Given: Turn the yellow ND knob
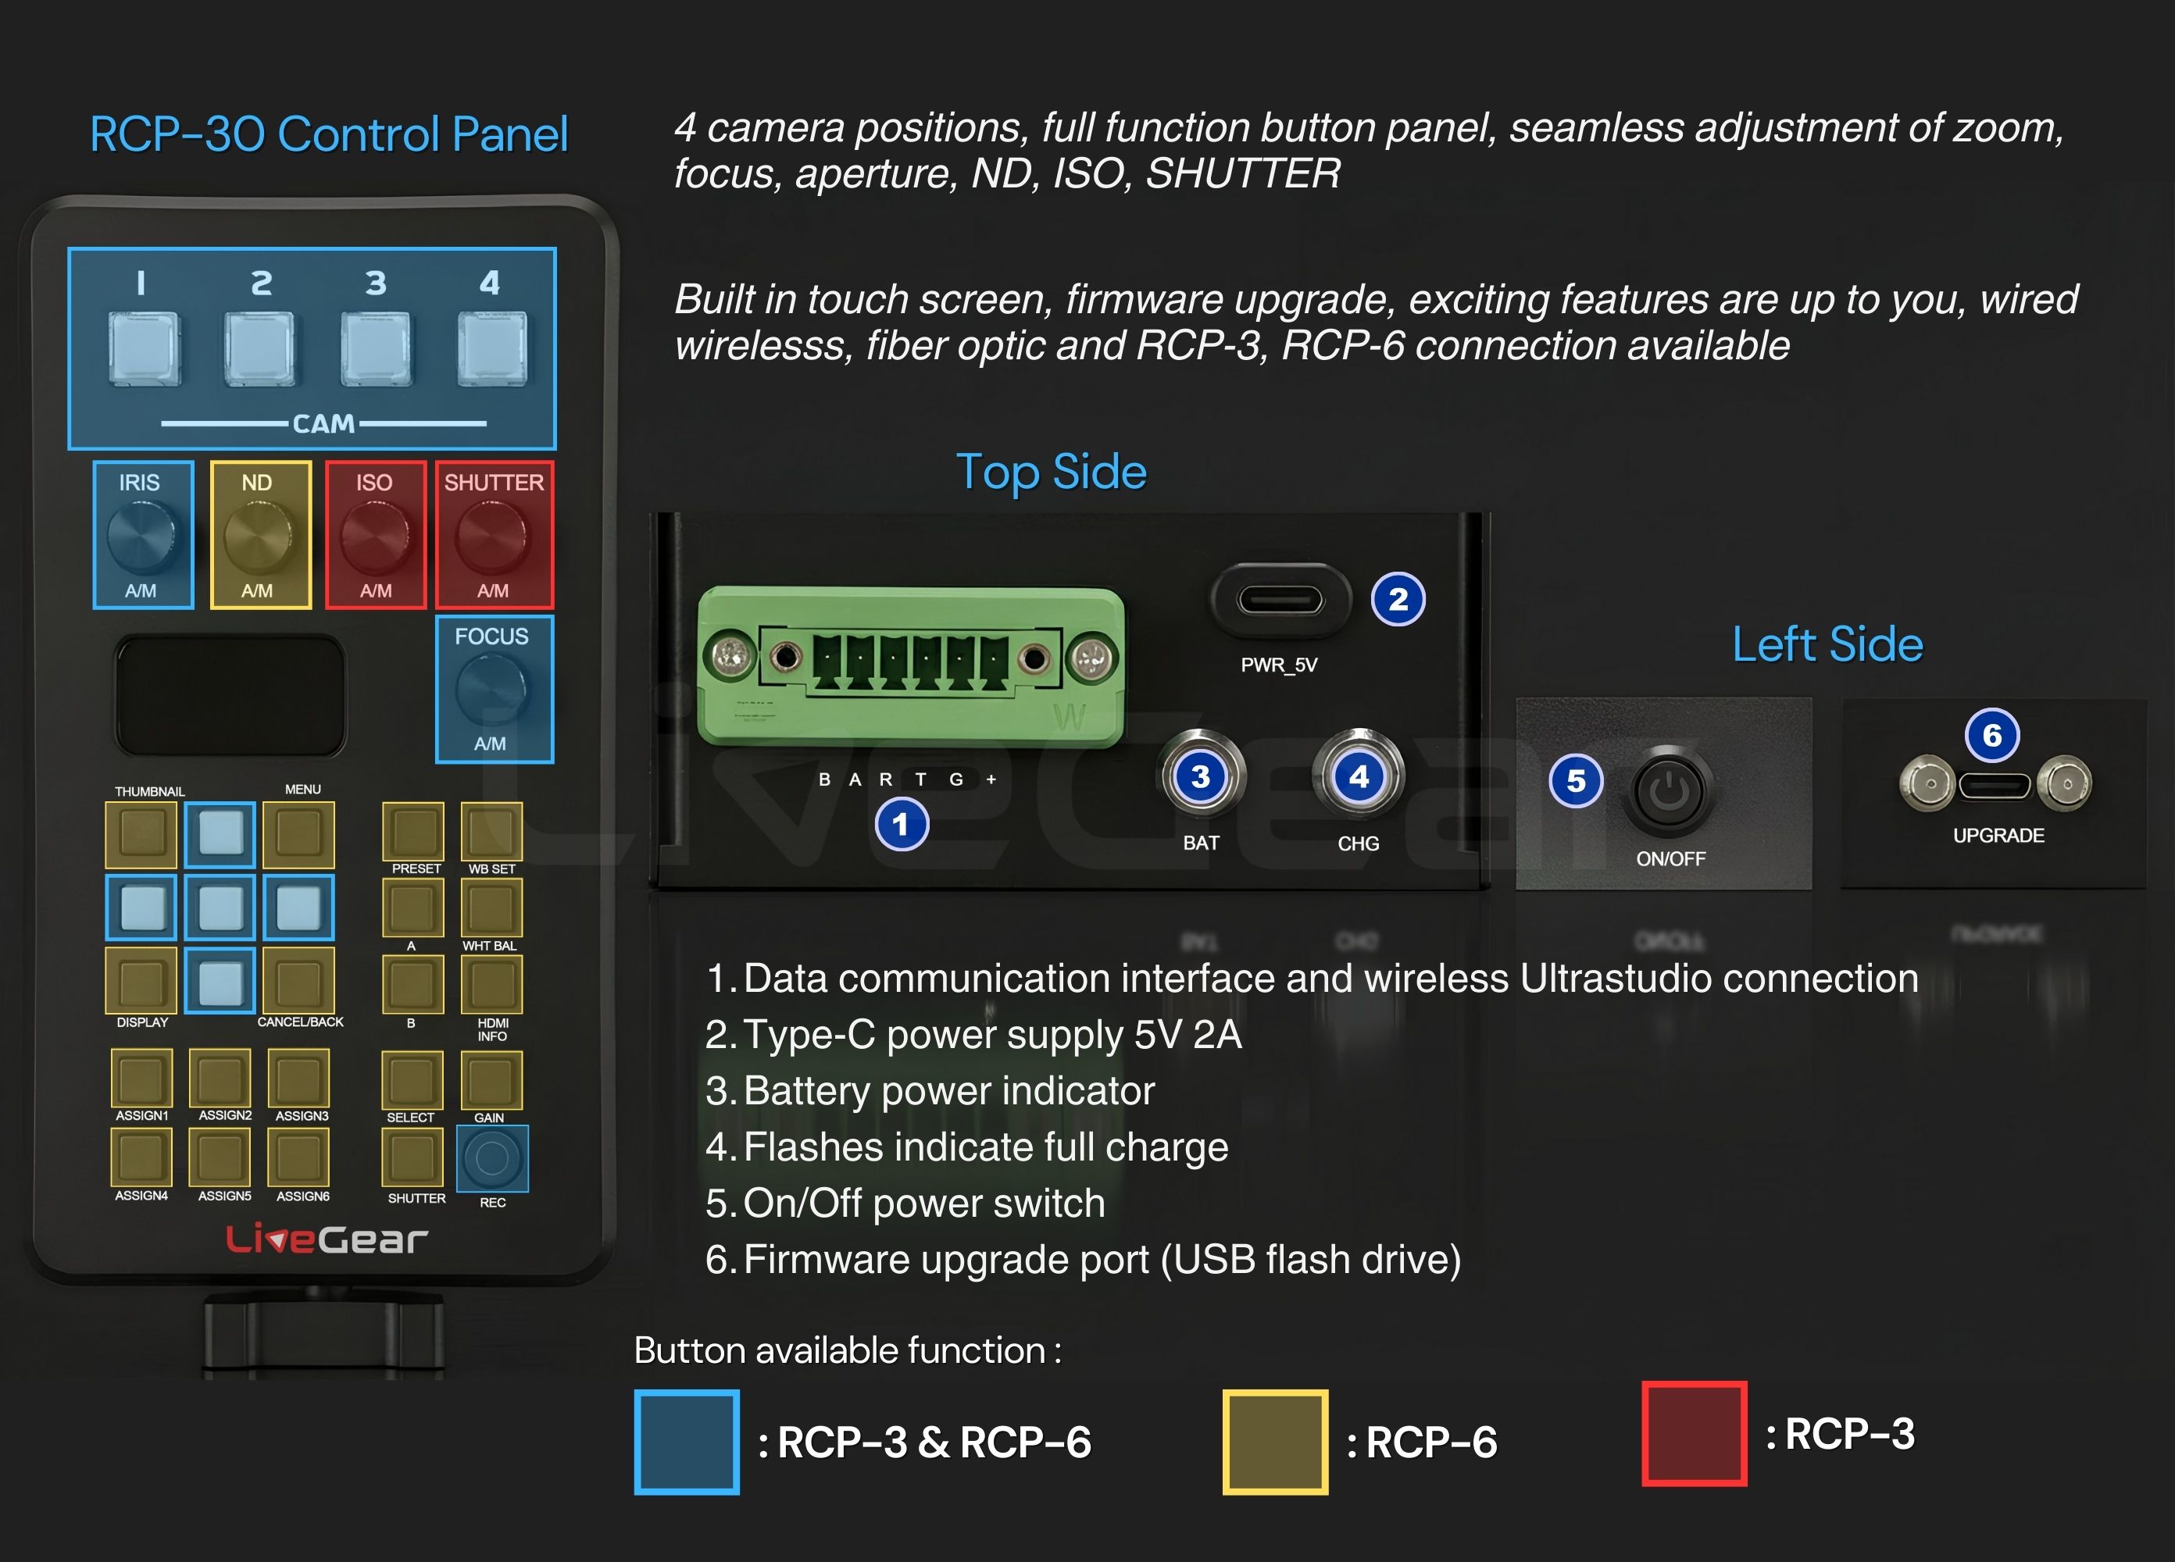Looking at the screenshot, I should click(259, 537).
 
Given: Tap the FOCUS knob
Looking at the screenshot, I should click(491, 690).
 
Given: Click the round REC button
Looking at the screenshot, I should click(492, 1158).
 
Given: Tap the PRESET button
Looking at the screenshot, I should click(413, 830).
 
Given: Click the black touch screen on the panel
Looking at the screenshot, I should click(230, 695).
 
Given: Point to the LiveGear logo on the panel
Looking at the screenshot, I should click(326, 1239).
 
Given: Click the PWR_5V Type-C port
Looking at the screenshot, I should click(1280, 601).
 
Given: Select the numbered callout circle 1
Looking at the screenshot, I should click(901, 825).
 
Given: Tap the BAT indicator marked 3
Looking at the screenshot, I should click(1201, 776).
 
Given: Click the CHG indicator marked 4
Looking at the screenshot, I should click(1358, 776).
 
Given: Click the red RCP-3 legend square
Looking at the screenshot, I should click(1694, 1433).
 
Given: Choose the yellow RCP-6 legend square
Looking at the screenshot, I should click(1274, 1441).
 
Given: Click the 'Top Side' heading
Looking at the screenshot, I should click(1051, 472).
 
